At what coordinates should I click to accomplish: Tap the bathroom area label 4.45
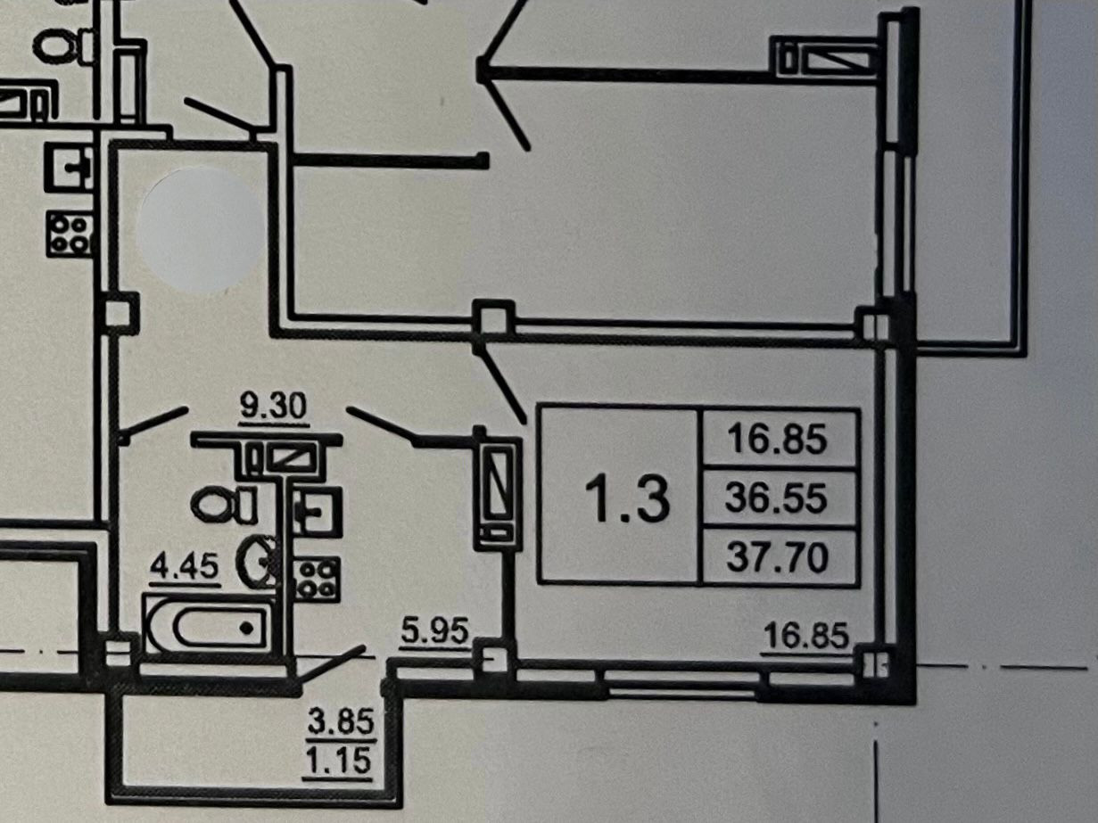click(x=185, y=567)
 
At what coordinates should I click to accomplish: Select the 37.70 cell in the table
click(x=778, y=558)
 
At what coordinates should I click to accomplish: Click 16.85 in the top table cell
click(x=778, y=439)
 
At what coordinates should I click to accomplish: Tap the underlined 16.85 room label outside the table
click(x=805, y=637)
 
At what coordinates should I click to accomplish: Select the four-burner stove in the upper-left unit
click(x=70, y=233)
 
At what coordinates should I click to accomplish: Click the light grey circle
click(x=202, y=231)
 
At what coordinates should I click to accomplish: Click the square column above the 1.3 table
click(x=492, y=318)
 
